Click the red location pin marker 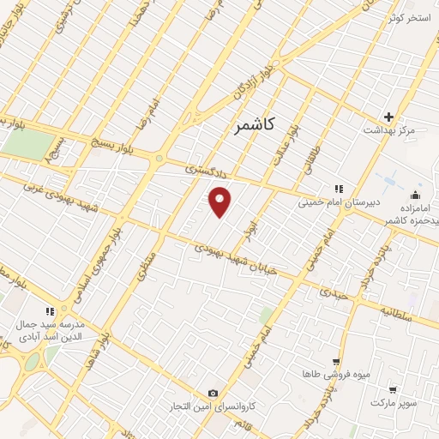click(221, 201)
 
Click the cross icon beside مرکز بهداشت click(388, 117)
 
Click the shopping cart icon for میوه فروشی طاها click(336, 362)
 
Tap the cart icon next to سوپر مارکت click(393, 388)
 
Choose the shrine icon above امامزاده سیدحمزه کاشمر click(416, 195)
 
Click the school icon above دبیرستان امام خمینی click(339, 189)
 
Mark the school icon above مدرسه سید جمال click(50, 311)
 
